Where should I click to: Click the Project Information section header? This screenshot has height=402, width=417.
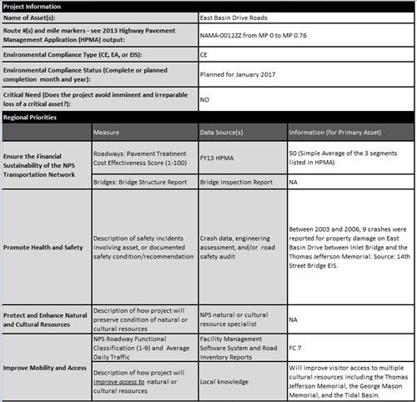pyautogui.click(x=33, y=6)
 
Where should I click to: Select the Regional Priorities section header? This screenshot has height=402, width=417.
pyautogui.click(x=33, y=118)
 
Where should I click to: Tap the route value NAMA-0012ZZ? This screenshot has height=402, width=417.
pyautogui.click(x=225, y=37)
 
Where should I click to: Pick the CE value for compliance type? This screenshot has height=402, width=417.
pyautogui.click(x=206, y=56)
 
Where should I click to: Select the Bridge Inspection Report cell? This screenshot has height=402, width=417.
pyautogui.click(x=236, y=181)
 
